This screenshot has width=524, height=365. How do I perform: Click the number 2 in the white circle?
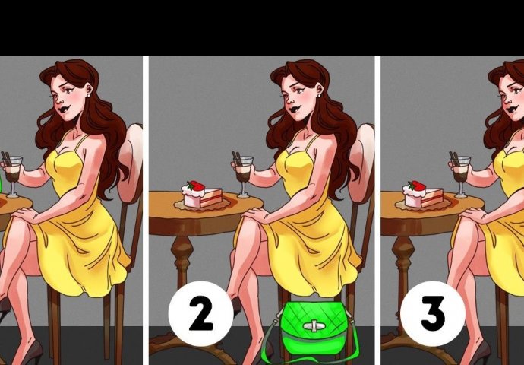[x=201, y=314]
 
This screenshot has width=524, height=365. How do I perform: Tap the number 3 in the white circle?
[x=433, y=314]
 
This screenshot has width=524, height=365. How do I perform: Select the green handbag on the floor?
[x=314, y=329]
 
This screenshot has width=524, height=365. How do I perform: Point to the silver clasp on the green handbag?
[x=314, y=326]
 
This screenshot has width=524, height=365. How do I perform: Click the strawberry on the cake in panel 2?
[x=196, y=186]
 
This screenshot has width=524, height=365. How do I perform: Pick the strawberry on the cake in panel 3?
[x=417, y=186]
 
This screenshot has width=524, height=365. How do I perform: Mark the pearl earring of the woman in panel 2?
[x=319, y=95]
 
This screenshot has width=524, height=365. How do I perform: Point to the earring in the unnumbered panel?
[x=89, y=95]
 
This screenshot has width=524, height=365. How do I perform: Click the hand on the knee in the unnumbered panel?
[x=26, y=214]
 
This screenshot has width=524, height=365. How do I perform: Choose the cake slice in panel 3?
[x=424, y=195]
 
